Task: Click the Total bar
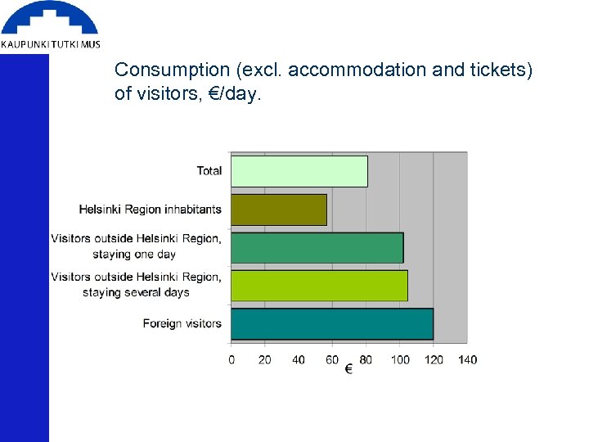(299, 171)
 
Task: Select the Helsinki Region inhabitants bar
(278, 210)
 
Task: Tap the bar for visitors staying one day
(317, 247)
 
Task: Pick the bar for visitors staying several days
(319, 286)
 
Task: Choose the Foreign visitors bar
(331, 323)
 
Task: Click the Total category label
(209, 171)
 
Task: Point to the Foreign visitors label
(182, 323)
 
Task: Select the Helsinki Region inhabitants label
(151, 210)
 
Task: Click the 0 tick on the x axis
(232, 359)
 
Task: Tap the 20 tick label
(265, 359)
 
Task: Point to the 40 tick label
(299, 359)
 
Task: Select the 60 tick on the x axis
(332, 359)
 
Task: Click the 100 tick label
(400, 359)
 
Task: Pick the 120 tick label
(434, 359)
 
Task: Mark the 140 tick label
(467, 359)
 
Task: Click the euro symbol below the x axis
(348, 370)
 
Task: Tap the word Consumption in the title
(161, 71)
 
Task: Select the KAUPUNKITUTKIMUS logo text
(51, 44)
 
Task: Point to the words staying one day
(134, 254)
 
